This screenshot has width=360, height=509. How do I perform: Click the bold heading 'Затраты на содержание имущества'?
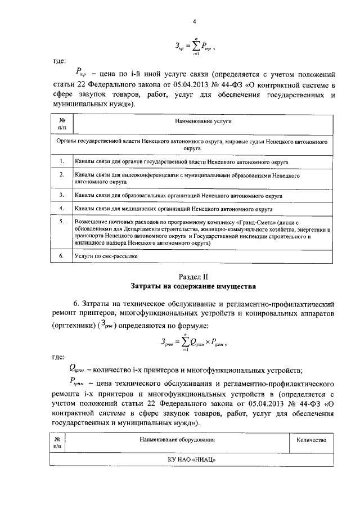click(193, 286)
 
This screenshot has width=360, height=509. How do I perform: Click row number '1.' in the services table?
click(61, 161)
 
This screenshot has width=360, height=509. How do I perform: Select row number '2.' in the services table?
click(61, 175)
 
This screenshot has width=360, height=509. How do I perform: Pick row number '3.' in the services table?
click(61, 195)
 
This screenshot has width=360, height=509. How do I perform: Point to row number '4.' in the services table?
click(61, 208)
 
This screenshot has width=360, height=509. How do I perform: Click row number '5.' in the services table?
click(61, 222)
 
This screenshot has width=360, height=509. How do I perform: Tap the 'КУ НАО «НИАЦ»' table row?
click(193, 460)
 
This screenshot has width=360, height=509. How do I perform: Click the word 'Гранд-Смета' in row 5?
click(255, 222)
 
